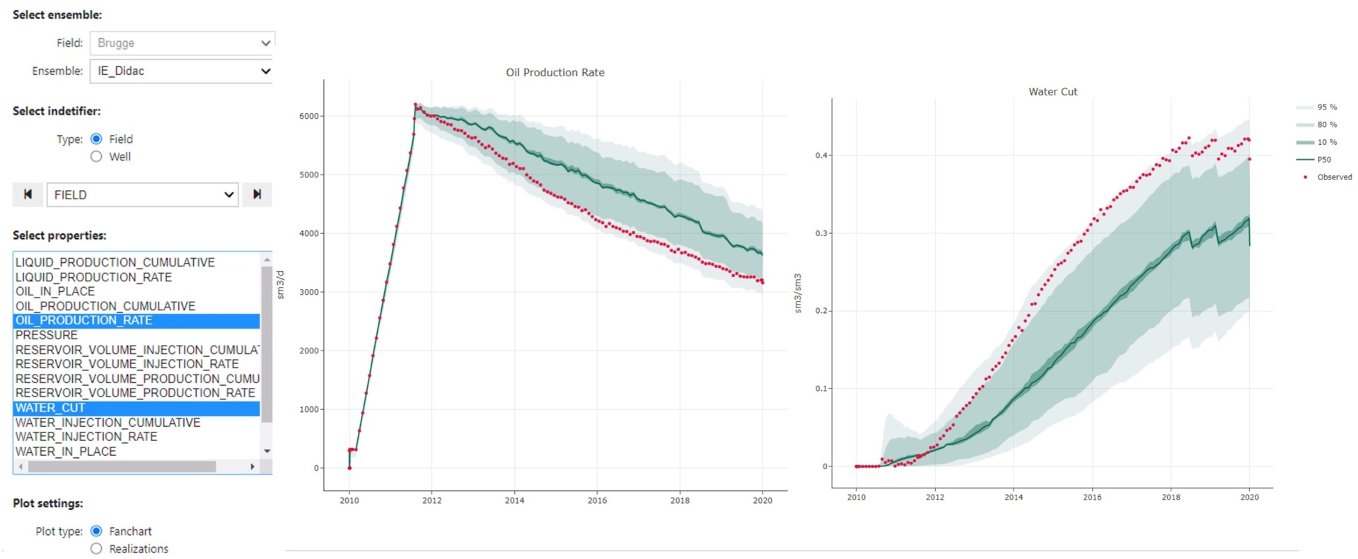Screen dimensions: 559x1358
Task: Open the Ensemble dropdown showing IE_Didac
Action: (181, 71)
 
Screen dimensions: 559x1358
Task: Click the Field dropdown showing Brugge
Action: (181, 43)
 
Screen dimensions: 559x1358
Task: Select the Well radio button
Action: (97, 157)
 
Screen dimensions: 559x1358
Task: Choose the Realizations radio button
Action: (97, 549)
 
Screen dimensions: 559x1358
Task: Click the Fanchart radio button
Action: (97, 531)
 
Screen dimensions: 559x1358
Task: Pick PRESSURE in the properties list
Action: (47, 335)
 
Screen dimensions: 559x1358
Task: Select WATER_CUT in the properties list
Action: (50, 408)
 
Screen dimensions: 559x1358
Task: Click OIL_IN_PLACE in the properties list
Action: (55, 291)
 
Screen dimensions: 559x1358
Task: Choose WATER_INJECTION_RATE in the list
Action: (86, 437)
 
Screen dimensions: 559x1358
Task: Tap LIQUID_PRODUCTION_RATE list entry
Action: (93, 277)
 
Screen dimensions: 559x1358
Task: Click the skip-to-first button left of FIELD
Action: (28, 194)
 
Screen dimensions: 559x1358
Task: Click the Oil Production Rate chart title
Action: (555, 72)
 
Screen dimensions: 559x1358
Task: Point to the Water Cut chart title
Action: (1052, 92)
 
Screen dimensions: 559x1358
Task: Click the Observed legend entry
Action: (1333, 177)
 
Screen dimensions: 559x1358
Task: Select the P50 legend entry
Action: (1323, 160)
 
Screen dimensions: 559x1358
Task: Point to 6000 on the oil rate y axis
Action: (309, 116)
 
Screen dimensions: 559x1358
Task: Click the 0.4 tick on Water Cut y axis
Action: (821, 155)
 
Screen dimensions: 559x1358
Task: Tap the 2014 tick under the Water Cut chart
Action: (1014, 498)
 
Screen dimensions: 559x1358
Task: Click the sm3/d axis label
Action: (280, 285)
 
